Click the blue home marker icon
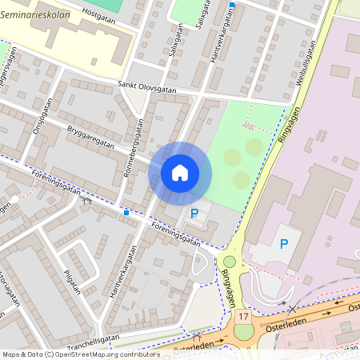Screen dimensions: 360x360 click(180, 172)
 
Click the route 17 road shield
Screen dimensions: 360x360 click(242, 318)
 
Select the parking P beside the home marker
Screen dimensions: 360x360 click(194, 214)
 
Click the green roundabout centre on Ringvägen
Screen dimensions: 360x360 click(230, 262)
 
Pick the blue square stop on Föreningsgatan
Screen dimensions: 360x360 click(126, 213)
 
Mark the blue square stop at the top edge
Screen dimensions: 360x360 click(232, 5)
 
